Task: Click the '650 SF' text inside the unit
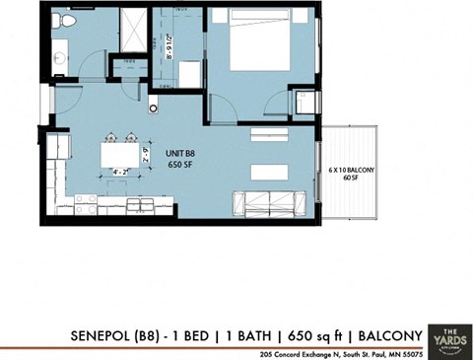[181, 166]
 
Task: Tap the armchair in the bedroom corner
[307, 101]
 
